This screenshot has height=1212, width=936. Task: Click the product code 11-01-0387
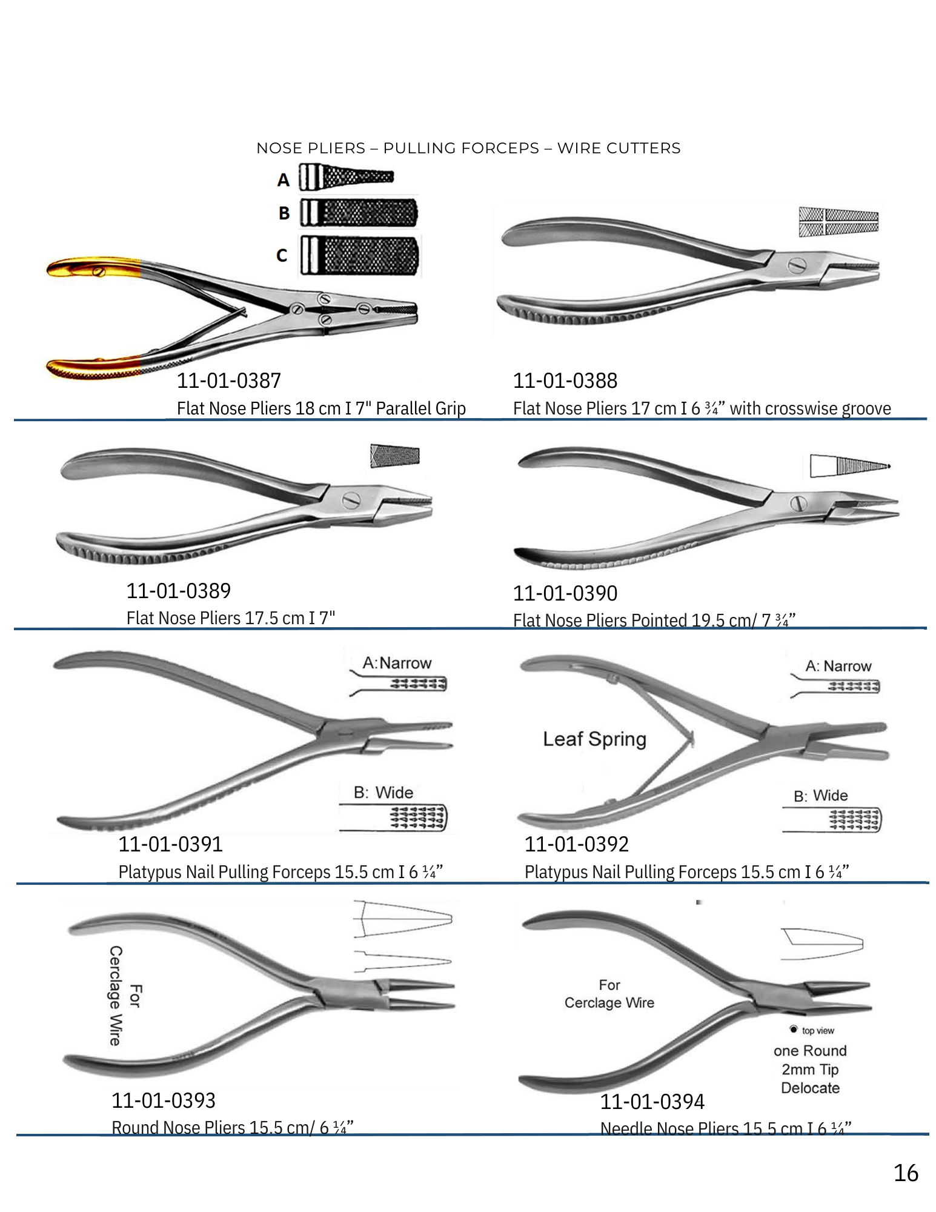228,381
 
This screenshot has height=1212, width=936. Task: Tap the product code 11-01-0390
565,593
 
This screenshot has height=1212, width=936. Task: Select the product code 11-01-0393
164,1100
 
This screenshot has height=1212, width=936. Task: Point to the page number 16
906,1173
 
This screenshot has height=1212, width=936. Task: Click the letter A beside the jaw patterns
284,180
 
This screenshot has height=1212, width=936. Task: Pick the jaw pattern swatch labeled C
360,255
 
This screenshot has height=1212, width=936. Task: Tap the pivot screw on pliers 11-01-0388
797,265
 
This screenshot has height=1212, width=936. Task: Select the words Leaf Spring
594,739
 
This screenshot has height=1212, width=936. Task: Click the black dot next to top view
794,1030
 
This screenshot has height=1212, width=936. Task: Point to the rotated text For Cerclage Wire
124,996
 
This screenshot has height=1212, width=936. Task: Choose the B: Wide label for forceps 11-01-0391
383,793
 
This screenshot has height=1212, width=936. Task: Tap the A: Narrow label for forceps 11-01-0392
838,666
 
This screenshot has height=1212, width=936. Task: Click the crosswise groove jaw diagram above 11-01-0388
838,222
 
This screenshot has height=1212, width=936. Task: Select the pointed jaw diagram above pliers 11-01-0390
850,465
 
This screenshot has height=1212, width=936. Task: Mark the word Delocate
810,1088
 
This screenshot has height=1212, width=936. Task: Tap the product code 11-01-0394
652,1102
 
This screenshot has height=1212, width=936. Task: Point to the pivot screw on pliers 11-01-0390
798,503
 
